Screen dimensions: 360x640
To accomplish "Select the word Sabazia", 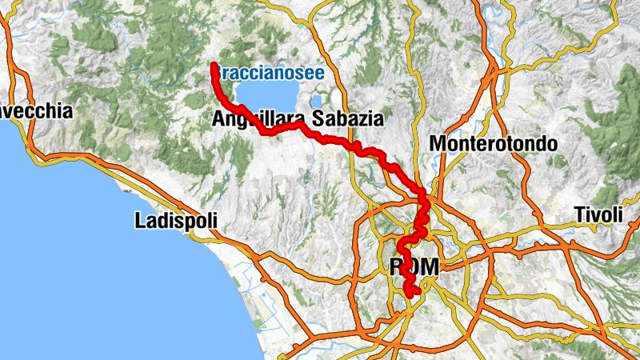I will [349, 120].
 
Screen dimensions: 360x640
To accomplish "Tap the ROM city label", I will [414, 267].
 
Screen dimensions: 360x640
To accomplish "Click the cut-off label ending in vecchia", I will [35, 111].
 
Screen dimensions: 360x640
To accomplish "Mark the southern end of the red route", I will [414, 294].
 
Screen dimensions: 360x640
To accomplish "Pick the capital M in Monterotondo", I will [438, 144].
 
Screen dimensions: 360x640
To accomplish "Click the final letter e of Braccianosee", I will [318, 72].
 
